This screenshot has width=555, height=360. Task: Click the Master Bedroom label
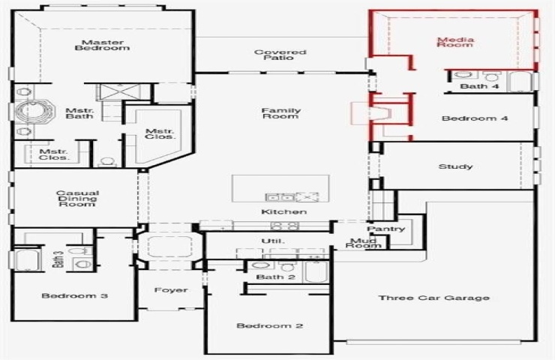tap(102, 45)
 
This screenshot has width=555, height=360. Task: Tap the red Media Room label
tap(455, 42)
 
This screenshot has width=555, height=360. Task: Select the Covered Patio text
tap(280, 55)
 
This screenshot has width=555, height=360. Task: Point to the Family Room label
tap(281, 113)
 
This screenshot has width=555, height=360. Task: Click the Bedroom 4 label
tap(475, 118)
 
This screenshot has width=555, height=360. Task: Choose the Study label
tap(455, 166)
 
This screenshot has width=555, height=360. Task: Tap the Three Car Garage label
tap(434, 298)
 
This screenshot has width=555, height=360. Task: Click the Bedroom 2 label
tap(270, 325)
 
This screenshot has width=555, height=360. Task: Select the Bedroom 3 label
tap(75, 295)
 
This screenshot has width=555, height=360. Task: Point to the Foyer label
tap(171, 290)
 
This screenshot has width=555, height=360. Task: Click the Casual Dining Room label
tap(77, 199)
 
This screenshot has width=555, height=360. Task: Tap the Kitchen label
tap(283, 211)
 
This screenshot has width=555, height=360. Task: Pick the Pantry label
tap(385, 229)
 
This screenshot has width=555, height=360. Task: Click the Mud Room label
tap(364, 243)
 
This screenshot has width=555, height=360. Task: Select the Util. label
tap(273, 241)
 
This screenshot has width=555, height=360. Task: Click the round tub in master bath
tap(35, 112)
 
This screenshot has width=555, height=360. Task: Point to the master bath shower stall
tap(120, 92)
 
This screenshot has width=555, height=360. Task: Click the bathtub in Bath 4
tap(519, 82)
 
